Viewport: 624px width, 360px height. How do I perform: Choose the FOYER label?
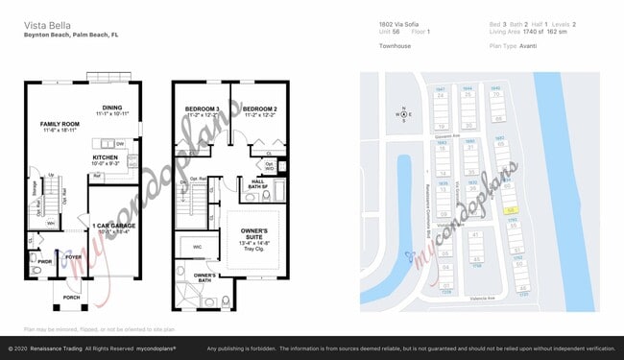tap(74, 256)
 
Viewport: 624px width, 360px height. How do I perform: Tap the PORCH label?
tap(70, 297)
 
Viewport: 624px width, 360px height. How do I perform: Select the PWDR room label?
tap(43, 259)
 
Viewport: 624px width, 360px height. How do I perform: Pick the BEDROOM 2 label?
tap(259, 109)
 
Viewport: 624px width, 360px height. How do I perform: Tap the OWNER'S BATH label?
tap(203, 278)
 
